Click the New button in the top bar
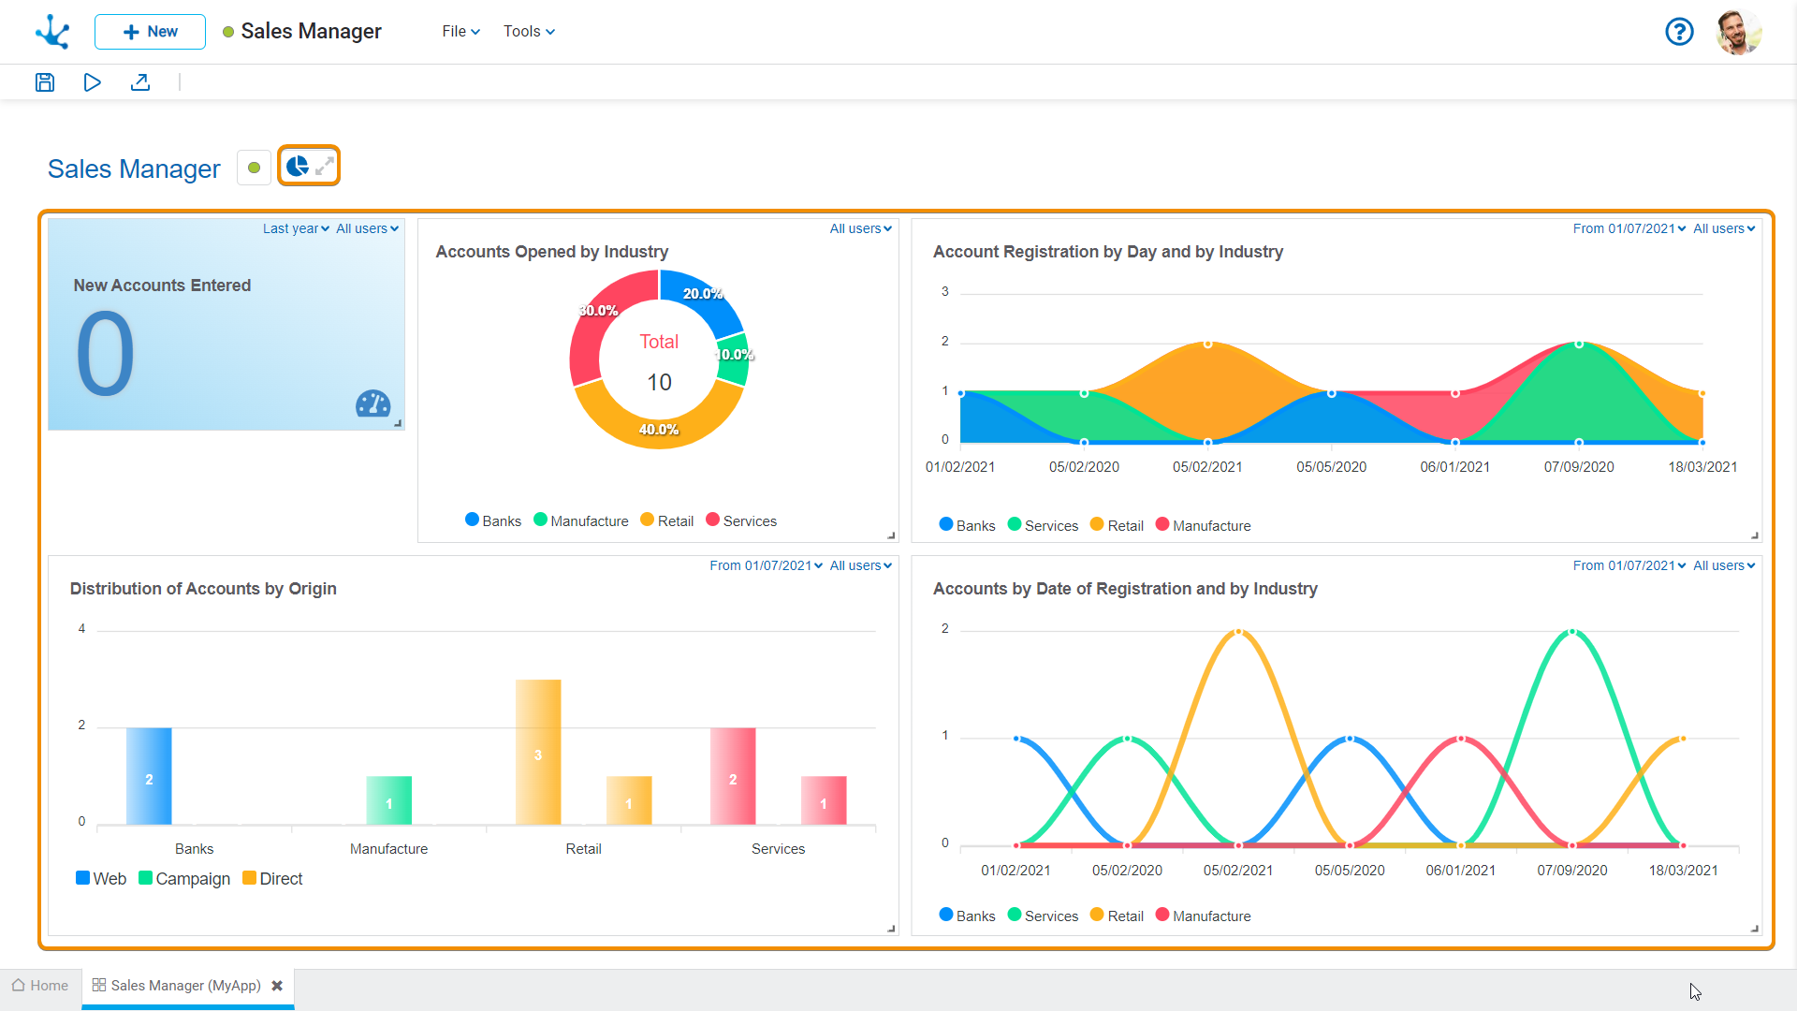tap(150, 32)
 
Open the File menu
tap(460, 32)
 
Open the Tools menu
tap(529, 32)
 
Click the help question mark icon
tap(1679, 32)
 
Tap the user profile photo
tap(1739, 32)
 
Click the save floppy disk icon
tap(45, 82)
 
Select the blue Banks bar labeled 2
tap(149, 776)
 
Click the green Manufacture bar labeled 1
tap(388, 800)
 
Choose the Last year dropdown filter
tap(296, 228)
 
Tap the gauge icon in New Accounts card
tap(373, 403)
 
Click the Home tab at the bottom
tap(40, 986)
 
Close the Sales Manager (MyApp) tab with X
tap(277, 986)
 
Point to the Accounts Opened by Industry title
tap(552, 252)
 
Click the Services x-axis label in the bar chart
tap(778, 849)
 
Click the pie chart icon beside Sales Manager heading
tap(298, 167)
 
